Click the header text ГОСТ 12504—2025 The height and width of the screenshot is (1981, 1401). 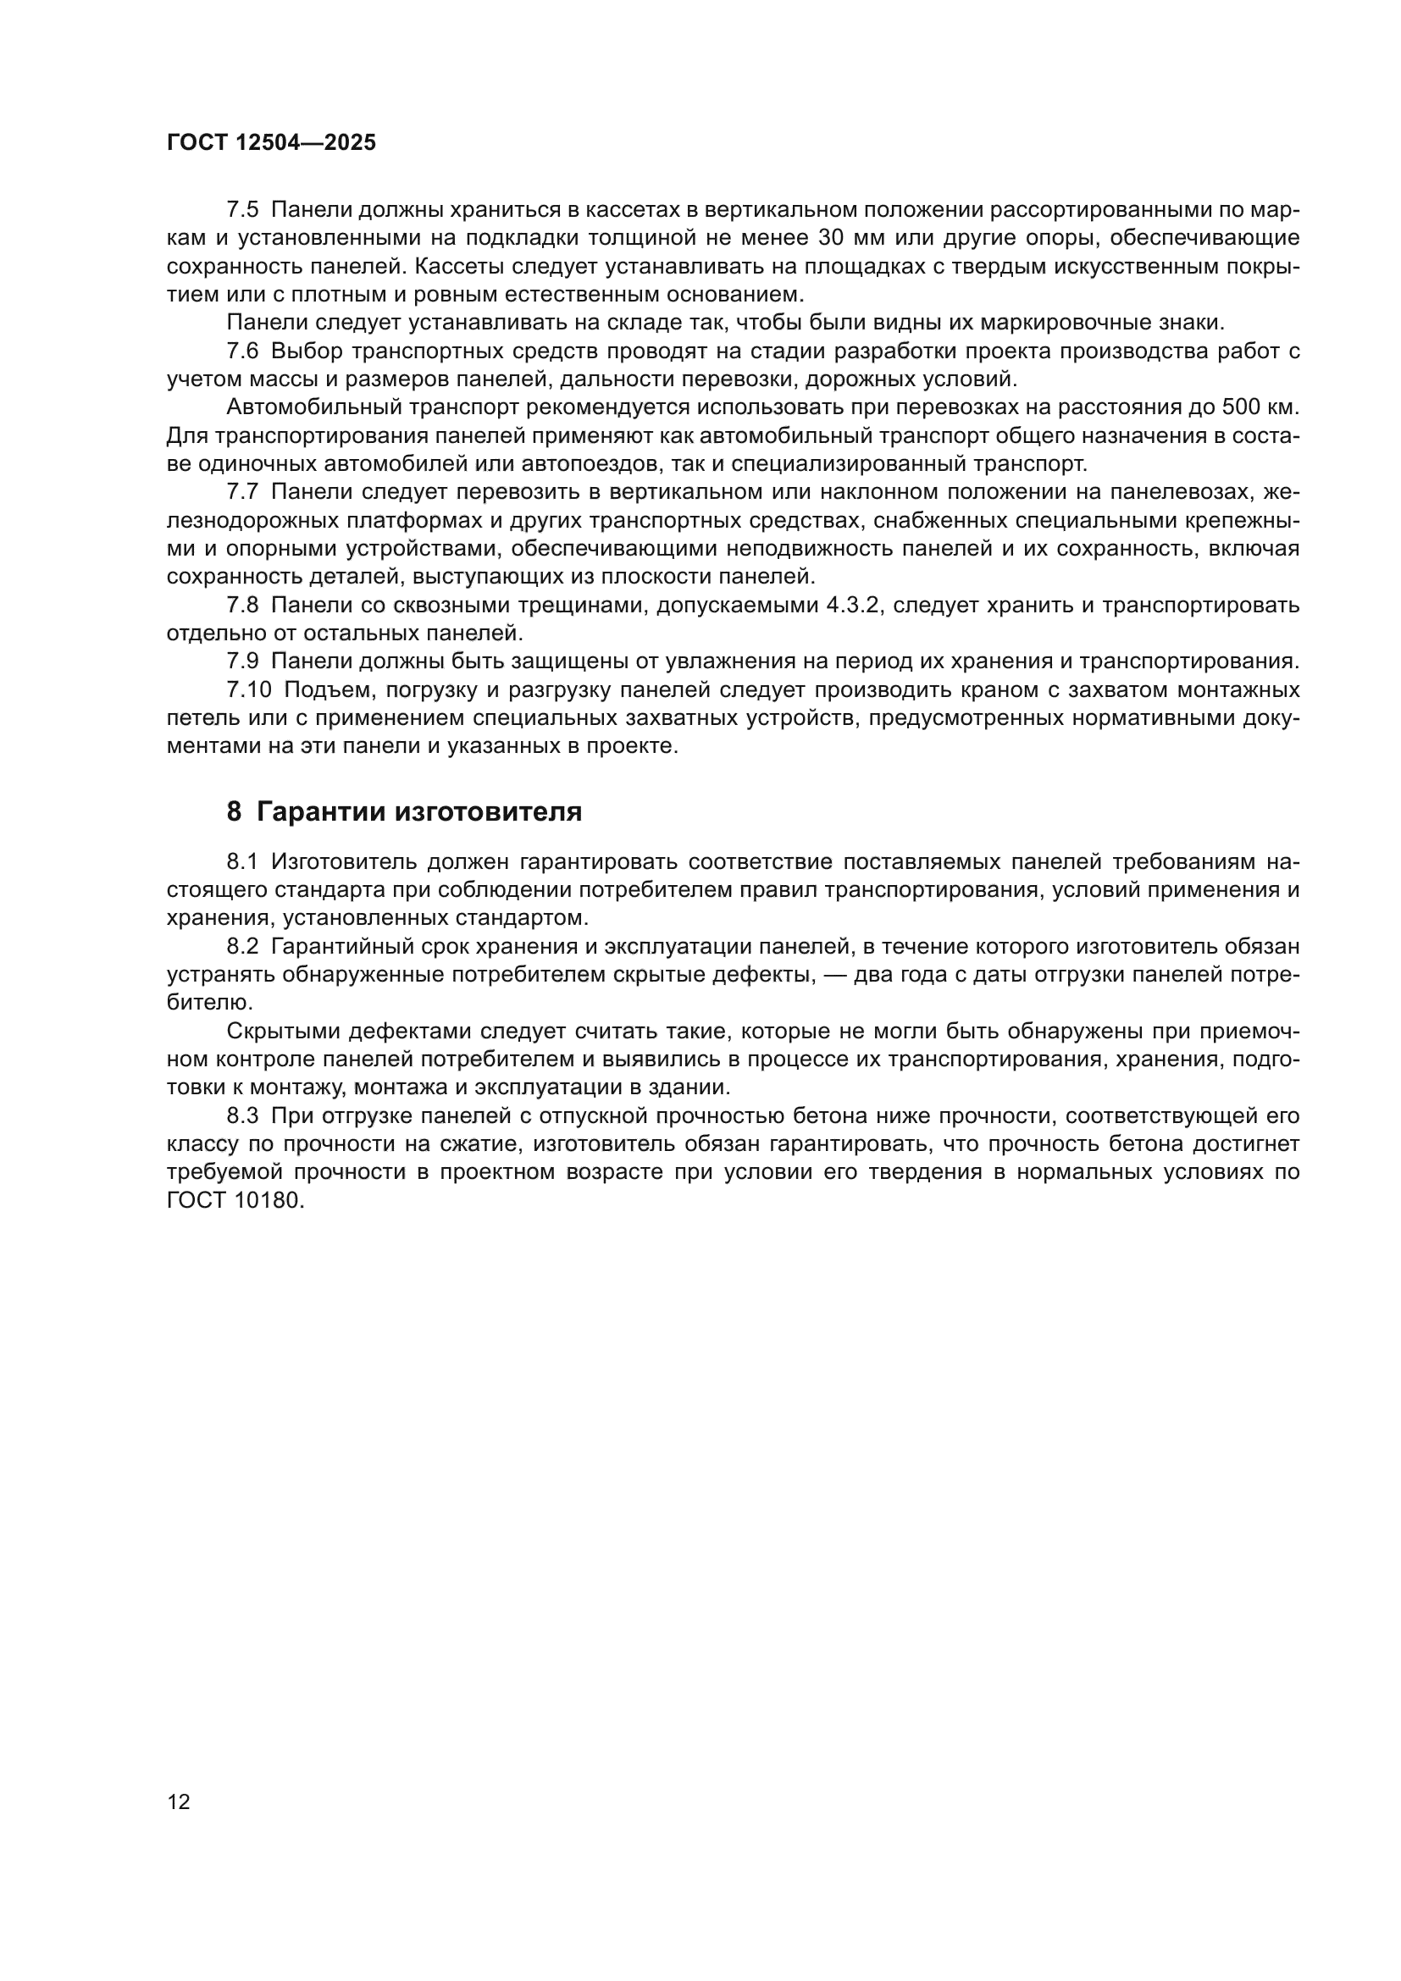271,143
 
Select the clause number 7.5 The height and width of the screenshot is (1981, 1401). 242,210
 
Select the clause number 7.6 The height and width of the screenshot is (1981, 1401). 242,351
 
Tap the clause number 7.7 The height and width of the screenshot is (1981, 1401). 242,493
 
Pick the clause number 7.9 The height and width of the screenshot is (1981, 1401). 242,661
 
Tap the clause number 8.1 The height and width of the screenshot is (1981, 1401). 242,862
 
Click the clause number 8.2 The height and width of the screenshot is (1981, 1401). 242,947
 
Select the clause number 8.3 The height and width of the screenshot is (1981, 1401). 242,1116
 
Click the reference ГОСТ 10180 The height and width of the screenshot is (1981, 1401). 235,1201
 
